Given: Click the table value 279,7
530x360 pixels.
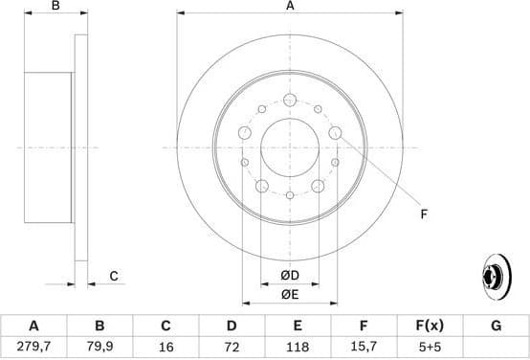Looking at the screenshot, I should click(x=33, y=346).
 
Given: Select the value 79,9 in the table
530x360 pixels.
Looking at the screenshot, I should click(x=99, y=346).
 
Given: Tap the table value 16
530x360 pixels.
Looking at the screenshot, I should click(x=166, y=346).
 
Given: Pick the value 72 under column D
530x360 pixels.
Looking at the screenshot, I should click(x=232, y=346).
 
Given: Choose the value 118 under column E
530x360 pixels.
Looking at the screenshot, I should click(x=298, y=346).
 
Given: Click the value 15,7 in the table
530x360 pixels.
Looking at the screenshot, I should click(x=364, y=346).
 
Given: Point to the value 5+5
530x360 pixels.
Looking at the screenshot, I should click(x=430, y=346).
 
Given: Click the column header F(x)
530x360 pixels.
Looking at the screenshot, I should click(x=430, y=326).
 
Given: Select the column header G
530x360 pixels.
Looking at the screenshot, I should click(x=496, y=326).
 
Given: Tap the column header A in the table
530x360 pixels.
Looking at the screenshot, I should click(x=33, y=326).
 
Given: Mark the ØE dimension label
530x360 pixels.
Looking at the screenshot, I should click(x=290, y=294).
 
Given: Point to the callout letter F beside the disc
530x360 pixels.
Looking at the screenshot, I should click(x=423, y=214).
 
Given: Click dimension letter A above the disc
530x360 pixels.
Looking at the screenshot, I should click(x=290, y=7).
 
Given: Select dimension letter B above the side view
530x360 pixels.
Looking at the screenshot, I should click(x=55, y=7).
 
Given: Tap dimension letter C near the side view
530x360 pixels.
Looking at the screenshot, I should click(x=114, y=277).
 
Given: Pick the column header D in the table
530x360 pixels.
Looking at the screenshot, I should click(x=232, y=326).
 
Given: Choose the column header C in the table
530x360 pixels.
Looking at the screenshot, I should click(x=166, y=326).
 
